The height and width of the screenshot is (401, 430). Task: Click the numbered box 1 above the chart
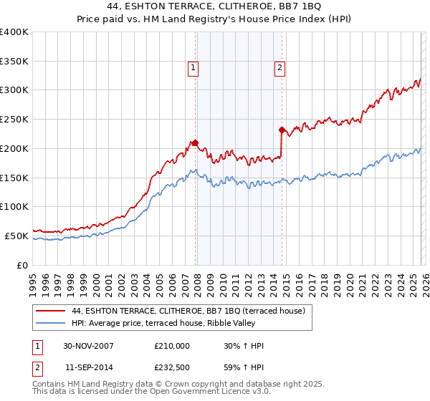193,69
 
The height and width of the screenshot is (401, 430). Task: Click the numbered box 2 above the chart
279,69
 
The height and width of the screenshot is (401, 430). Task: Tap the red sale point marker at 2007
195,142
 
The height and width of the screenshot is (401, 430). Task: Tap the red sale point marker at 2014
282,130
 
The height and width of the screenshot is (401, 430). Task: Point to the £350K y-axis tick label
14,62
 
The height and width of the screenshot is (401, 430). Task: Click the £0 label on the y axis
21,265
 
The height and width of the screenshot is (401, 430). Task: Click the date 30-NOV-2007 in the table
88,346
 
